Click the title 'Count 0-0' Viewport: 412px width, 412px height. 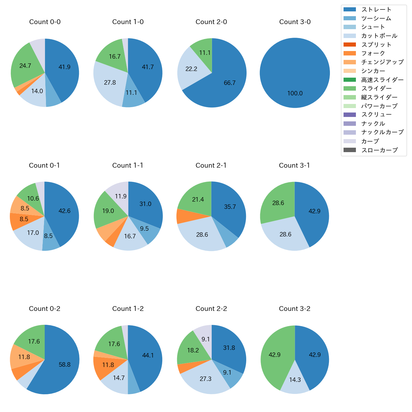tap(45, 22)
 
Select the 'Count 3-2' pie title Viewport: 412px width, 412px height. tap(294, 309)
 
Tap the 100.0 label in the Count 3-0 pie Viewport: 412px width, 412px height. tap(295, 93)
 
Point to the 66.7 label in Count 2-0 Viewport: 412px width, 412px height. tap(229, 83)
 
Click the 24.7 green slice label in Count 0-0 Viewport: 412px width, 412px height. tap(25, 66)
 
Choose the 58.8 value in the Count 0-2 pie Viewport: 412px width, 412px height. tap(64, 364)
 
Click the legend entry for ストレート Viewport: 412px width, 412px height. tap(376, 10)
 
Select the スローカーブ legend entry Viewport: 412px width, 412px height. tap(379, 150)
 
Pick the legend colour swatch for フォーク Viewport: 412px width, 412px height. tap(350, 53)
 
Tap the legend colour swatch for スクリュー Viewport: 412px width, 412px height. tap(350, 115)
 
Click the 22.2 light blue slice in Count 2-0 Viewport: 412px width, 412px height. tap(191, 69)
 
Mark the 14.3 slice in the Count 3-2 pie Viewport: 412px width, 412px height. tap(295, 380)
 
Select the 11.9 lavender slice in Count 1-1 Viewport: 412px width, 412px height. tap(121, 196)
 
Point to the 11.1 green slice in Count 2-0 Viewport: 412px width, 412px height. tap(205, 53)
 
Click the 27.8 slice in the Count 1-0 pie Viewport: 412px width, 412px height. tap(110, 82)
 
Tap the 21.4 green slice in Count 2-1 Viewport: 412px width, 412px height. tap(198, 199)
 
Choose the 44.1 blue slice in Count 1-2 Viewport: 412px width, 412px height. tap(148, 355)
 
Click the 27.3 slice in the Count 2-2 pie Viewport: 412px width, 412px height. tap(205, 379)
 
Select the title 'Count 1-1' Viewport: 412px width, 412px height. tap(128, 165)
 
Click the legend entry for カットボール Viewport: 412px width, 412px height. tap(379, 36)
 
